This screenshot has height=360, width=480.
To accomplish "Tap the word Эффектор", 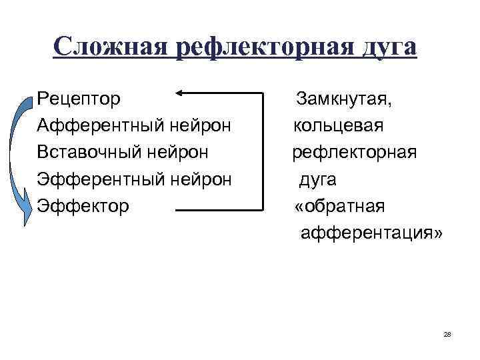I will tap(83, 206).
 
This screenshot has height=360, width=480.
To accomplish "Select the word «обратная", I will tap(339, 206).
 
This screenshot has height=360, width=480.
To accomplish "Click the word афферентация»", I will tap(371, 233).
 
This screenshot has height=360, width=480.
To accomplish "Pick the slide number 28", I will tap(447, 333).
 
